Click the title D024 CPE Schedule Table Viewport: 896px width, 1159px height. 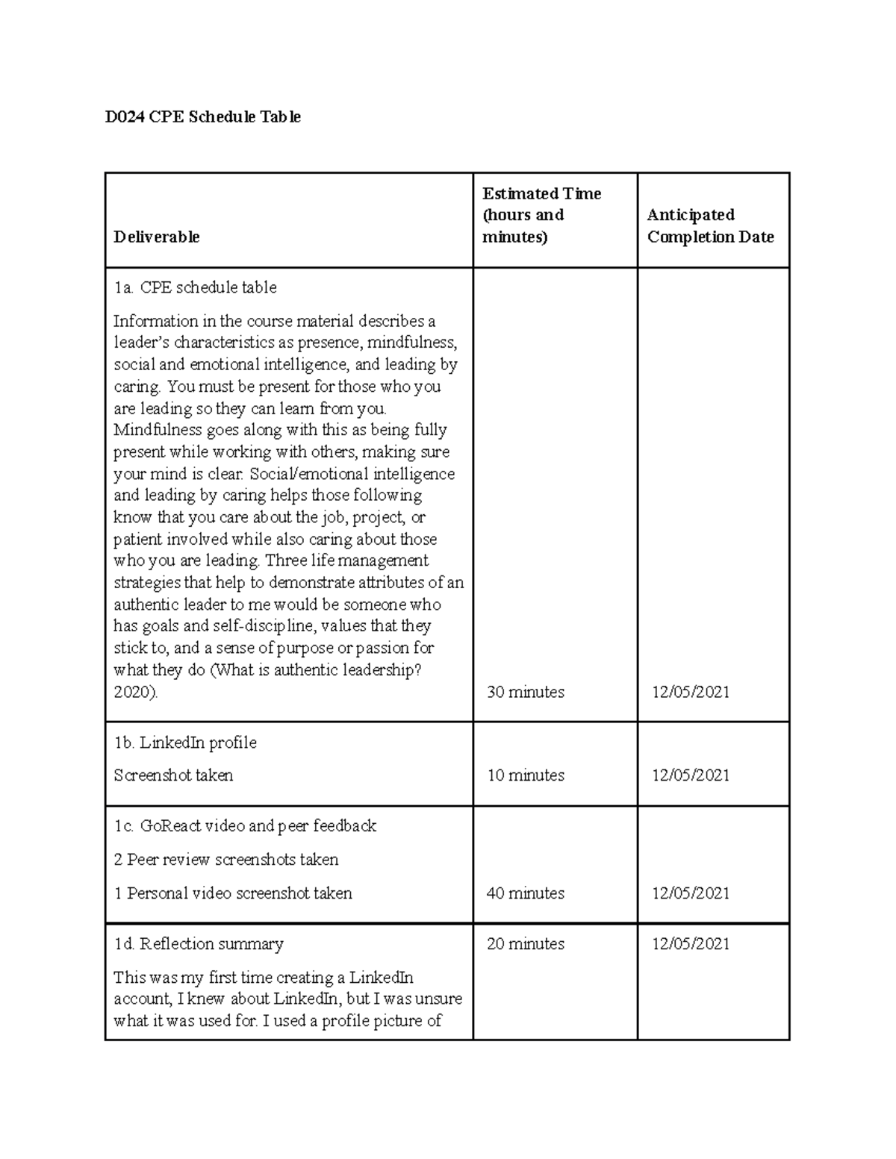point(202,117)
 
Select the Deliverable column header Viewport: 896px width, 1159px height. point(156,237)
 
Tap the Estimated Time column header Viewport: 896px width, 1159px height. point(541,215)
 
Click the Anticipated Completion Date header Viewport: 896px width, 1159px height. point(710,226)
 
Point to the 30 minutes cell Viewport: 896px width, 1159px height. point(525,693)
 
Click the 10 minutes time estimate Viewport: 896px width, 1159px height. point(525,775)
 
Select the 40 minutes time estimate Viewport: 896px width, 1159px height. point(525,893)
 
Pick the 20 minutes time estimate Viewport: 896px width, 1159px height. point(525,944)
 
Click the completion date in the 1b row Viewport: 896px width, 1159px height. point(691,775)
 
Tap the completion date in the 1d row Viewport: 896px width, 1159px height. point(691,944)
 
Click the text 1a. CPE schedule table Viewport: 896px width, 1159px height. point(195,287)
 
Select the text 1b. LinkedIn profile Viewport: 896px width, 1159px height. point(184,743)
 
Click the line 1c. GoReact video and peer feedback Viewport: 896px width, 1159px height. point(245,826)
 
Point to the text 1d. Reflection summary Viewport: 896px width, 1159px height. point(199,944)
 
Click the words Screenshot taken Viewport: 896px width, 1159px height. point(173,776)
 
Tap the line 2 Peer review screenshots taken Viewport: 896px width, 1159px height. point(225,860)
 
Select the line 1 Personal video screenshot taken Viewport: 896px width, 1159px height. point(232,893)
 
